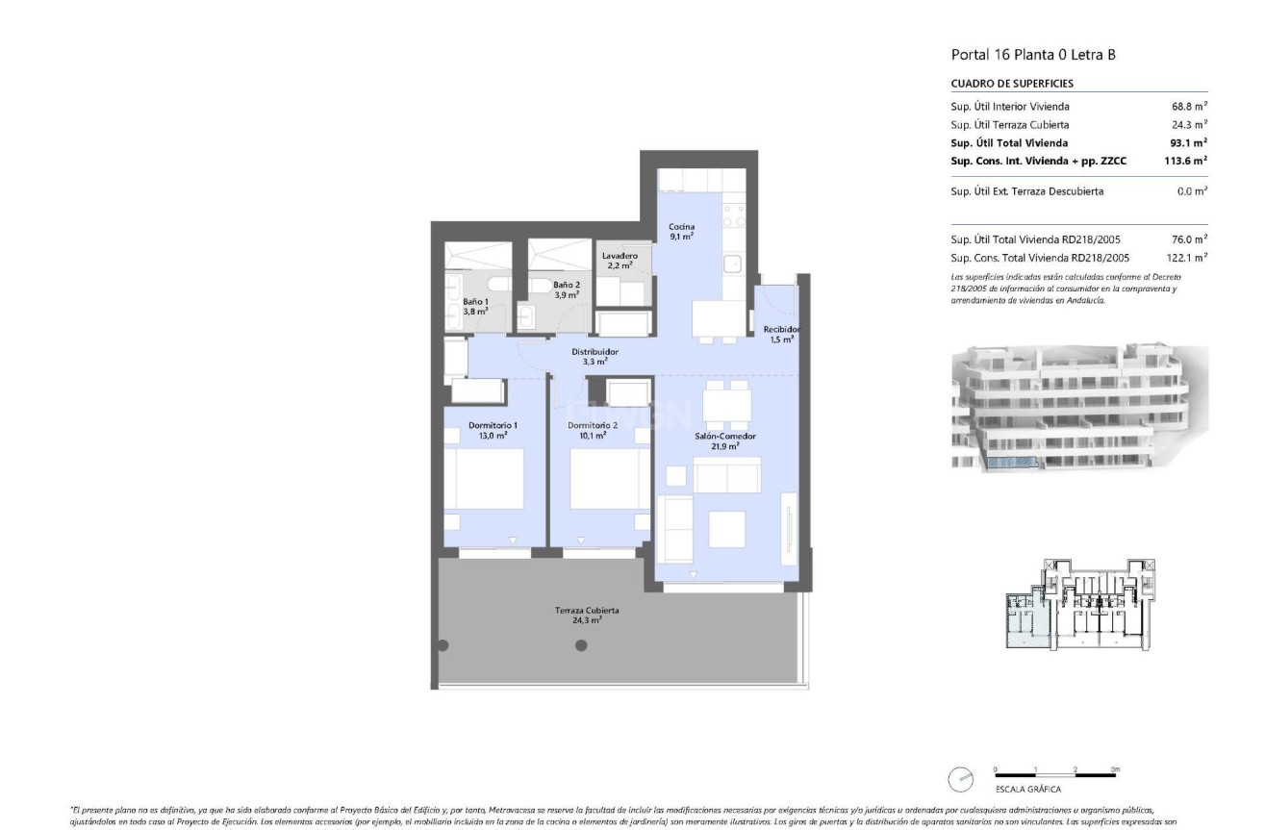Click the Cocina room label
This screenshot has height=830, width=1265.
(x=682, y=231)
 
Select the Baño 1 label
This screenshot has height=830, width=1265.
(x=473, y=306)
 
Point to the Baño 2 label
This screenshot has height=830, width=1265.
(x=567, y=289)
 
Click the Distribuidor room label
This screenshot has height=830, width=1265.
(x=595, y=357)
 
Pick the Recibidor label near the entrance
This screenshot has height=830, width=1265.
(x=780, y=334)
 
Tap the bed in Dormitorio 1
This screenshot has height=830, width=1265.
(x=489, y=480)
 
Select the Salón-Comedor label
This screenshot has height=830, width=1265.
(x=725, y=441)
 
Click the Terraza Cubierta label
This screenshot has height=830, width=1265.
(x=586, y=616)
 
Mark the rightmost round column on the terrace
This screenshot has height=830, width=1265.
(x=581, y=645)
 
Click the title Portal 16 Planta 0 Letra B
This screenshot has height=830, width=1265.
(x=1033, y=55)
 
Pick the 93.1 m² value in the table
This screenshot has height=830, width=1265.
(x=1189, y=143)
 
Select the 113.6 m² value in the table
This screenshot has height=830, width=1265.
(x=1186, y=161)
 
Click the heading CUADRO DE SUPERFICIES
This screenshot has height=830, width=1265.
(x=1012, y=84)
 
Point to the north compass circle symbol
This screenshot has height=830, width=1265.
(x=962, y=777)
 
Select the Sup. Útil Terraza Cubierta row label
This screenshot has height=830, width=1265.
(x=1009, y=125)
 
